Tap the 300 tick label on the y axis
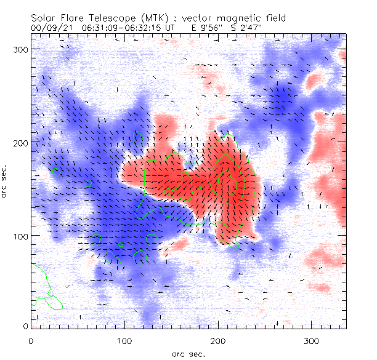pos(22,49)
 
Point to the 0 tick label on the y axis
pos(25,326)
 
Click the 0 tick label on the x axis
pos(31,340)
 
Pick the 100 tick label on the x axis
pos(125,340)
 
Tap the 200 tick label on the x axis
pos(219,340)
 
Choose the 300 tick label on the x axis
pos(312,340)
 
